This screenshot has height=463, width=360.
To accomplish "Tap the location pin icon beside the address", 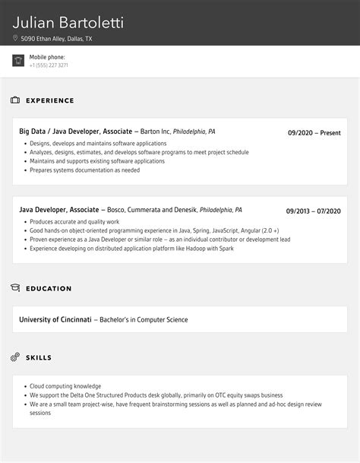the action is (15, 38).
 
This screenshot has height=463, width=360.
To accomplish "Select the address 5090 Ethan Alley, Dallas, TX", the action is (56, 38).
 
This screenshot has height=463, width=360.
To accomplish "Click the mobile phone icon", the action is (18, 61).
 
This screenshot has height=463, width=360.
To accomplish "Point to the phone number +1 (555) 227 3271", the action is (49, 65).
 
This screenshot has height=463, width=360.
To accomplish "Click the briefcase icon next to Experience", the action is (15, 100).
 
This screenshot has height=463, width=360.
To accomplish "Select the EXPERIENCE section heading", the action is (50, 100).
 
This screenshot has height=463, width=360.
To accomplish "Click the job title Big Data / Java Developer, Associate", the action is (75, 132).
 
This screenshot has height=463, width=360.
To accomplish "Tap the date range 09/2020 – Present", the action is (314, 133).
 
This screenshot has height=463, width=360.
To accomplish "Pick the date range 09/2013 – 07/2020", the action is (313, 211).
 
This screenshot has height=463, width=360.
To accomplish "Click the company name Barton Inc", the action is (156, 132).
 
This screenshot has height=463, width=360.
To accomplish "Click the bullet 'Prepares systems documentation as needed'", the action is (85, 170).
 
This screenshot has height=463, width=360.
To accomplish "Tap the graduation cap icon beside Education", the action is (15, 288).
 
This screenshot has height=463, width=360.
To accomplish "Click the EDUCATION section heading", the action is (49, 289).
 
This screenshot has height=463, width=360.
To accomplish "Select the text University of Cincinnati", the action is (55, 319).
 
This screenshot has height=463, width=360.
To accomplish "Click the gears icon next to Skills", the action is (15, 357).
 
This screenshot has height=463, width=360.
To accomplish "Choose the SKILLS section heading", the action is (39, 357).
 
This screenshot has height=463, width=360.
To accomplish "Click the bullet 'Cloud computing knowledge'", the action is (65, 386).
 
